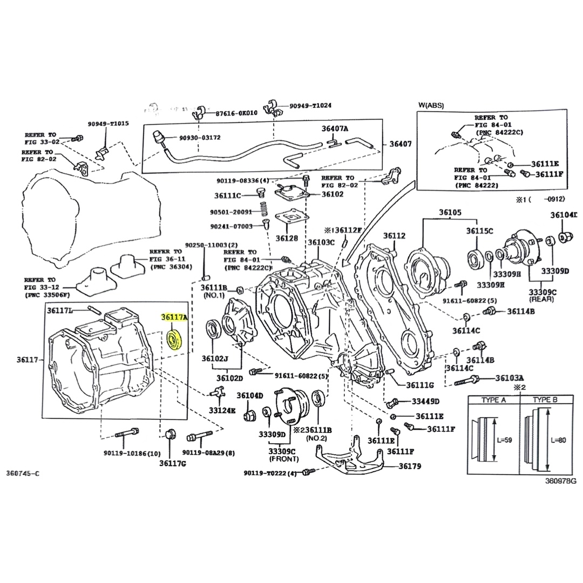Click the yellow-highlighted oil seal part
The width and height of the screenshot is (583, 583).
(175, 341)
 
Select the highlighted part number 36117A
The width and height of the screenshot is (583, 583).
(175, 318)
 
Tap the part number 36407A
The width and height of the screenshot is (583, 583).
(335, 128)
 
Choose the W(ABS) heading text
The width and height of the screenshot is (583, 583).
(431, 105)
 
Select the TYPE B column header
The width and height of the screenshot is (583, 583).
(545, 400)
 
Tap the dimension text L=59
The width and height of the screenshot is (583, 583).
(505, 440)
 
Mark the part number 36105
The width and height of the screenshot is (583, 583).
(450, 212)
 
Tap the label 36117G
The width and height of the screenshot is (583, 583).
(173, 463)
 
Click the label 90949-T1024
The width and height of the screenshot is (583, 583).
(310, 105)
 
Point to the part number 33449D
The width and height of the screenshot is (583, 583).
(425, 401)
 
